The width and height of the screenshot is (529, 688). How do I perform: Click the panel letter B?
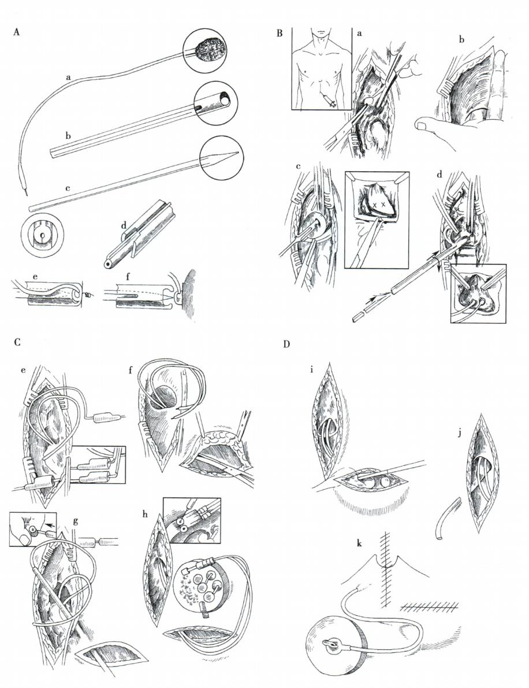click(280, 33)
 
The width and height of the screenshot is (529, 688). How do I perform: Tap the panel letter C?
click(17, 342)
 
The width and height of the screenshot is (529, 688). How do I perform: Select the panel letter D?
click(286, 344)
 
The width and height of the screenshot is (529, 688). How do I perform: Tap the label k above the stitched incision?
click(359, 543)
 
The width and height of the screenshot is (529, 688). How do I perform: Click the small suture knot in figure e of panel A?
click(88, 296)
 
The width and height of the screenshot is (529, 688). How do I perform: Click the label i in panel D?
click(311, 370)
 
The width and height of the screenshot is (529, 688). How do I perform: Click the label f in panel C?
click(131, 369)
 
